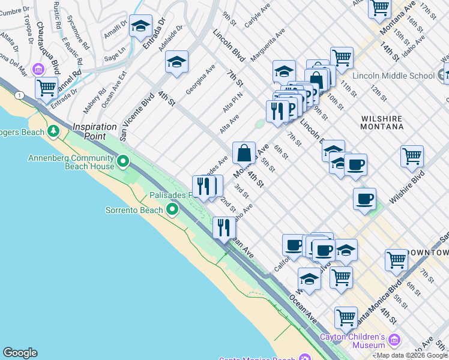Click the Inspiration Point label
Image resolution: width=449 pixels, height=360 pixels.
coord(98,127)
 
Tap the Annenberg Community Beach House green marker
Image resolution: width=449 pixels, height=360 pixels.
coord(123,161)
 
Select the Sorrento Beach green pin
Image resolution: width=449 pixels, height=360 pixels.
coord(172,209)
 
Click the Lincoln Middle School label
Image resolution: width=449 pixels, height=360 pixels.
coord(393,76)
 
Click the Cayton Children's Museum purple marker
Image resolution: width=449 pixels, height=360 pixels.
coord(394,340)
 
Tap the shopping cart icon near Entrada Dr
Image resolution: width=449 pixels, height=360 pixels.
coord(46,88)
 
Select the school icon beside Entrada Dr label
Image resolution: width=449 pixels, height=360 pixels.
coord(140,26)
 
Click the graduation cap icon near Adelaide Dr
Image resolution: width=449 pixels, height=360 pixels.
coord(176,62)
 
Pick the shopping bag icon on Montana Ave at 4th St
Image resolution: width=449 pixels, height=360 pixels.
coord(244,152)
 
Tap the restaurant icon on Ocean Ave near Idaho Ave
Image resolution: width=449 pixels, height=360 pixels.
coord(224,227)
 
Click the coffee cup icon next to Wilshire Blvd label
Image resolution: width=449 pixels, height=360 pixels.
coord(364,199)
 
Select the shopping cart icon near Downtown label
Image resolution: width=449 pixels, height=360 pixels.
coord(396,260)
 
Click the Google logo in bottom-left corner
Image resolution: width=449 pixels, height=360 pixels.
coord(20,353)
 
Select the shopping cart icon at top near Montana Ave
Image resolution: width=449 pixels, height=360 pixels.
coord(379,8)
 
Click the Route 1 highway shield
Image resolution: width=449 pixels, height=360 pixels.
coord(20,95)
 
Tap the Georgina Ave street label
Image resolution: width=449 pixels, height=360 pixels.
coord(200,79)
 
